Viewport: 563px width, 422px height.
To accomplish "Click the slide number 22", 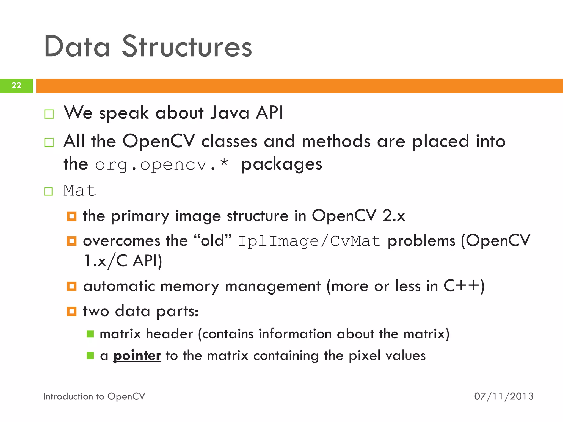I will pyautogui.click(x=16, y=85).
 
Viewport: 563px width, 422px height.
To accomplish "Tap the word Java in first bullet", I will pyautogui.click(x=230, y=113).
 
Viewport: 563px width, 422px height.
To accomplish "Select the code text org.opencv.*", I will pyautogui.click(x=162, y=165).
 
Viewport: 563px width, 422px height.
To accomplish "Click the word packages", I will pyautogui.click(x=281, y=165).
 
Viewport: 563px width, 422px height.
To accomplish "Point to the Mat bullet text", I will pyautogui.click(x=79, y=190).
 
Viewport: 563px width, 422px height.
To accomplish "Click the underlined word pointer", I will pyautogui.click(x=137, y=356).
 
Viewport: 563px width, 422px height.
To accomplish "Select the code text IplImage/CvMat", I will pyautogui.click(x=310, y=241).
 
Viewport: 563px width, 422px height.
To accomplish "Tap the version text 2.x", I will pyautogui.click(x=394, y=216).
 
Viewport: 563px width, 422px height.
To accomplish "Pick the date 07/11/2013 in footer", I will pyautogui.click(x=504, y=396).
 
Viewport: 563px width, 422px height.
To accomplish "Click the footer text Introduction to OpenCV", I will pyautogui.click(x=94, y=396).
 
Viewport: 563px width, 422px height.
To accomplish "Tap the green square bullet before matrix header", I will pyautogui.click(x=90, y=334).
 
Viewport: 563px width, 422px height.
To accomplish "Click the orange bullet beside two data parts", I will pyautogui.click(x=72, y=311).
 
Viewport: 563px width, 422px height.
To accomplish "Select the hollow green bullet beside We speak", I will pyautogui.click(x=49, y=114).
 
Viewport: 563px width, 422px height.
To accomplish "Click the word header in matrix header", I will pyautogui.click(x=169, y=334).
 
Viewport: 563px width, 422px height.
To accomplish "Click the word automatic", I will pyautogui.click(x=119, y=286).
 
